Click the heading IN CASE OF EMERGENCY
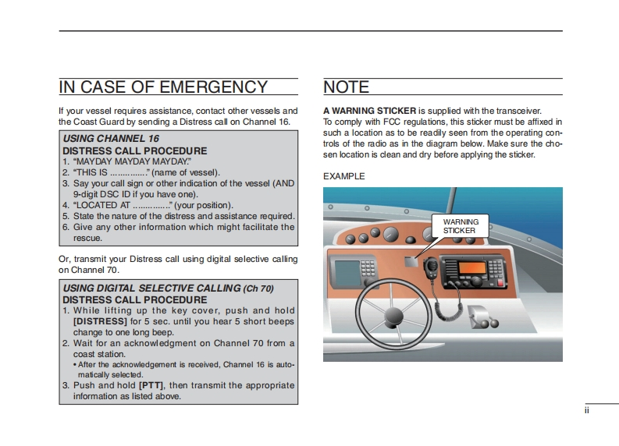[163, 87]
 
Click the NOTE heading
[346, 87]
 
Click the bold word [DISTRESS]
[100, 321]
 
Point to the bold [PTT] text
[150, 385]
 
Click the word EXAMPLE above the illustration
[343, 176]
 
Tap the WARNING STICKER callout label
[461, 226]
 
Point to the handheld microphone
[431, 266]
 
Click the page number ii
[586, 410]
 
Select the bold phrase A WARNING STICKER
[369, 111]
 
